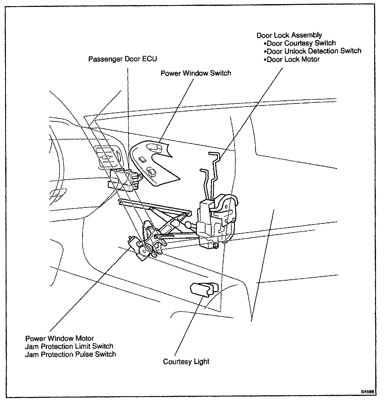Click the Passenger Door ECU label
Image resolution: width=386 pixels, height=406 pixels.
(122, 59)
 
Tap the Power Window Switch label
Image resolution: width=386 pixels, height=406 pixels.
(196, 73)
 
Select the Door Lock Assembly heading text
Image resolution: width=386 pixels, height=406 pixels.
(289, 35)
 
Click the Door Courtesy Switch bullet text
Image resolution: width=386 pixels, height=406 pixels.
(301, 43)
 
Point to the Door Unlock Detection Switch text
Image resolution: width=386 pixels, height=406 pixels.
(314, 51)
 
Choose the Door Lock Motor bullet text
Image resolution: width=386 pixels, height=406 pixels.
(293, 59)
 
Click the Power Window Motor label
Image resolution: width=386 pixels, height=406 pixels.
(59, 338)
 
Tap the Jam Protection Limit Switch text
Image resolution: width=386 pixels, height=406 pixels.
(69, 346)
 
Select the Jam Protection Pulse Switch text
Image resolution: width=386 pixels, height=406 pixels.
(70, 354)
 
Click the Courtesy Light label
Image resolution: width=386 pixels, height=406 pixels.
(186, 362)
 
